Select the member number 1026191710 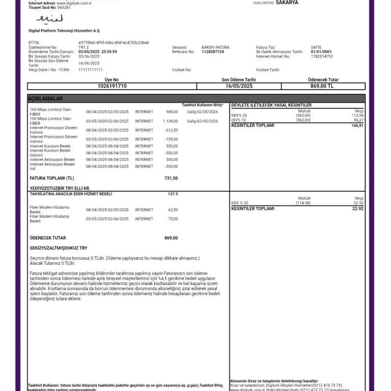(111, 86)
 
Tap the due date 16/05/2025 (238, 86)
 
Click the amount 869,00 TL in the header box (323, 86)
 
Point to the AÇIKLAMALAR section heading (46, 98)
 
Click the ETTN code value (114, 43)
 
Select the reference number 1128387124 (212, 52)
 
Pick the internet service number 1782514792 (322, 57)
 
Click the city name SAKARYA (287, 3)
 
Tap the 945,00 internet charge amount (172, 111)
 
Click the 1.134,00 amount (171, 121)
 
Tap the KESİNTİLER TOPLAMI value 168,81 (357, 125)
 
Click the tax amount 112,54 (357, 116)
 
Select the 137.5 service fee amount (173, 194)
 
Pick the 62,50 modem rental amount (173, 210)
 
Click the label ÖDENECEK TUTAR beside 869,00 (48, 238)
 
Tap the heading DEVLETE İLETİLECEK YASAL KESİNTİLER (271, 105)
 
